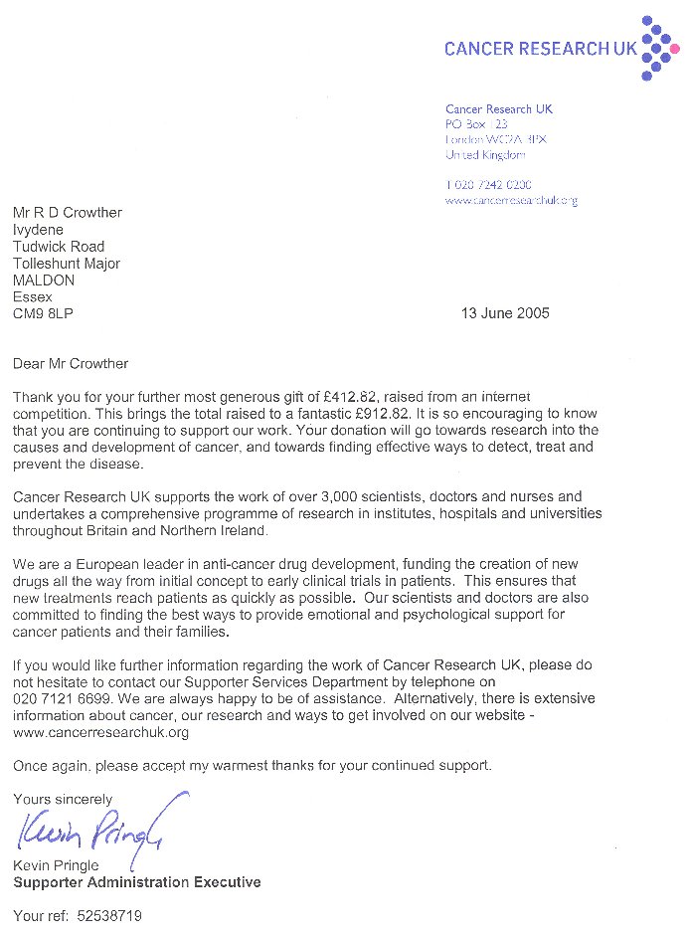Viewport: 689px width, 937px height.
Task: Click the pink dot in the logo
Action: [675, 48]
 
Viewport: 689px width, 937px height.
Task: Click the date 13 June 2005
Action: [505, 313]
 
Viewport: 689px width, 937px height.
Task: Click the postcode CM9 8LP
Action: [43, 313]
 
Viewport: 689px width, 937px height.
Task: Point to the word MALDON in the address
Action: [44, 281]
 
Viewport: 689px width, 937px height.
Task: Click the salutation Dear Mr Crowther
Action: [71, 364]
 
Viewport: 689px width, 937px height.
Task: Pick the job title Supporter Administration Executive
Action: [137, 882]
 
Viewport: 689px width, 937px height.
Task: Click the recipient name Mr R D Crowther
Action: [68, 212]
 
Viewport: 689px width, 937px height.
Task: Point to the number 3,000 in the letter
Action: [302, 496]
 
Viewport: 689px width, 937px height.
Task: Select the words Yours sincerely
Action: [63, 799]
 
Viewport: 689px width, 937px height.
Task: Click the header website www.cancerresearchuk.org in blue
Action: [511, 200]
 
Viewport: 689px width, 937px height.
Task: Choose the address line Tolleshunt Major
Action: [67, 264]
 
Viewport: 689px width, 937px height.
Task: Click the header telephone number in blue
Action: [488, 184]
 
